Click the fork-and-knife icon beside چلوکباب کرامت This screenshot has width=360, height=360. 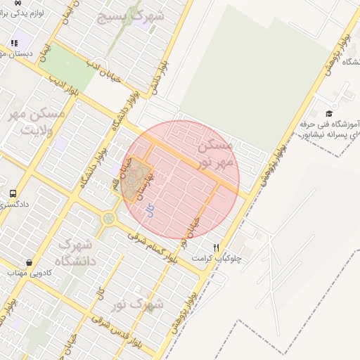click(x=216, y=247)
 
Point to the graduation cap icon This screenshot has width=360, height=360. click(x=329, y=113)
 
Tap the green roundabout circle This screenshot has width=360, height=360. click(x=108, y=219)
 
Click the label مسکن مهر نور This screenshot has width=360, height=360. click(x=214, y=154)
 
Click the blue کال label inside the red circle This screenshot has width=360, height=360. click(x=150, y=210)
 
